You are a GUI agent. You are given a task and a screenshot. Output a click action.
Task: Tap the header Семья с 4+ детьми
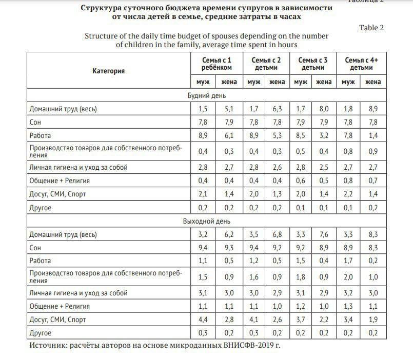click(362, 64)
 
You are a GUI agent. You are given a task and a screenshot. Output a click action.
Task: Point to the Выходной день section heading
click(206, 221)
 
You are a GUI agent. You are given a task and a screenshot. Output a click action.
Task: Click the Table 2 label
click(371, 28)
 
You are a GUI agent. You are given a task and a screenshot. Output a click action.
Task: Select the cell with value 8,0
click(323, 109)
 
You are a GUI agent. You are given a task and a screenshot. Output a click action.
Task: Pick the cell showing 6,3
click(277, 109)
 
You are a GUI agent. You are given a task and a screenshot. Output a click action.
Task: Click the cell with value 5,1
click(228, 109)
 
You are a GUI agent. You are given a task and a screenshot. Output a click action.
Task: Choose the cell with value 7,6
click(323, 234)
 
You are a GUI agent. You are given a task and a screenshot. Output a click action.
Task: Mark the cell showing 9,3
click(228, 248)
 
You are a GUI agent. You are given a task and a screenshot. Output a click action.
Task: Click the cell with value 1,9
click(373, 319)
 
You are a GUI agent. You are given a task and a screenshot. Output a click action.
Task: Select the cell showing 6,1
click(228, 135)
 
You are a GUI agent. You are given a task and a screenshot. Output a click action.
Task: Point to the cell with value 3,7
click(300, 319)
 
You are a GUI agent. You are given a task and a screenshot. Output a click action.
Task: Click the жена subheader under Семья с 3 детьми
click(323, 82)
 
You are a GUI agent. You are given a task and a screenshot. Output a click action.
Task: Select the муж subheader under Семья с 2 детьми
click(253, 82)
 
